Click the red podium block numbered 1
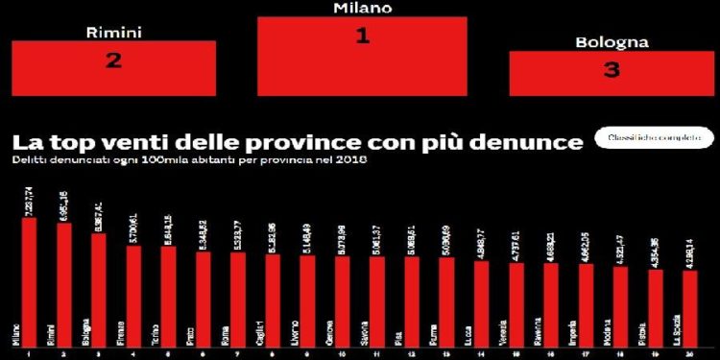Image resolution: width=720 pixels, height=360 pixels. (x=362, y=55)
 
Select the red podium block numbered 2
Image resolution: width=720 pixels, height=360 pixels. (x=113, y=68)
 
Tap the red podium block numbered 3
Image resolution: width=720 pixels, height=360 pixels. (x=612, y=73)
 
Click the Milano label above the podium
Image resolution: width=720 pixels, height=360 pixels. (x=362, y=8)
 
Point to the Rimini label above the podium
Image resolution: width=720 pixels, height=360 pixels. (x=114, y=32)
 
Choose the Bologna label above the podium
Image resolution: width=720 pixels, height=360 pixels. (x=612, y=42)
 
